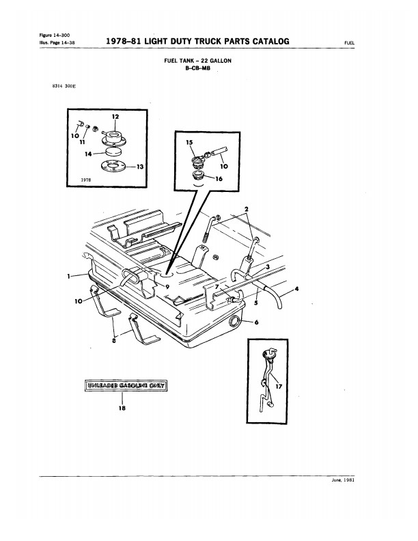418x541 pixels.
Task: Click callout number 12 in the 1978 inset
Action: click(115, 117)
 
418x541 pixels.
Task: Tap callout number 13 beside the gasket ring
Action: click(140, 167)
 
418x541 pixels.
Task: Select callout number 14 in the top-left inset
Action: click(88, 154)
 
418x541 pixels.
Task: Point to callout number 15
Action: click(189, 142)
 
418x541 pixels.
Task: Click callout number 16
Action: click(219, 179)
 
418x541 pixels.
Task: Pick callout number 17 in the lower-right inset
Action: click(279, 387)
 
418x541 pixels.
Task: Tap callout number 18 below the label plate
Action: click(122, 408)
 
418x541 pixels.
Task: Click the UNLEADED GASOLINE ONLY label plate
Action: click(126, 385)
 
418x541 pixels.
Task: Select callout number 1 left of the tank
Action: click(69, 276)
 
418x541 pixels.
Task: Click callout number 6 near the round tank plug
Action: click(256, 322)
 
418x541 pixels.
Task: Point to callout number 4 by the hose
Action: click(296, 289)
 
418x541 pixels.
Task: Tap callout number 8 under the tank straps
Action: click(114, 341)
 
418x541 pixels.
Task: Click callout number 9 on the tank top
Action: click(167, 286)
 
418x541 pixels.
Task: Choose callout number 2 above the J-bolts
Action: click(247, 209)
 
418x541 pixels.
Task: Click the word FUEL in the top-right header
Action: click(349, 43)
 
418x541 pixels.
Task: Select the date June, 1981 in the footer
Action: click(343, 480)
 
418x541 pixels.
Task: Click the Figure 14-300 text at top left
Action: click(55, 36)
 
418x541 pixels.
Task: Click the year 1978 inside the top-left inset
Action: click(86, 180)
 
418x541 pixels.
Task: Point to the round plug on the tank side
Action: click(234, 321)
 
